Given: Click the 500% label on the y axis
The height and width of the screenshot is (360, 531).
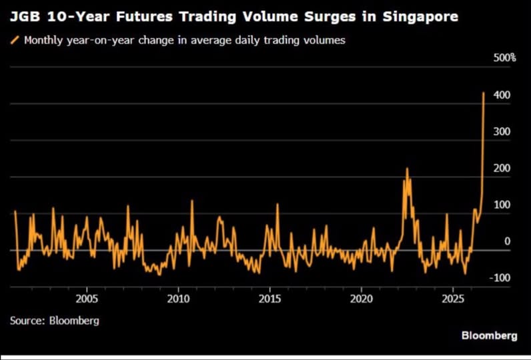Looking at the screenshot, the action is coord(504,58).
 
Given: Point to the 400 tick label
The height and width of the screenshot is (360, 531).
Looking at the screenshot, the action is coord(502,95).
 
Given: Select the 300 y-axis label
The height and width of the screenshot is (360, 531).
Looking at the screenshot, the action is coord(502,131).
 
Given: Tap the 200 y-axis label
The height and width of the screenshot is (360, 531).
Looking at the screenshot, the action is coord(502,168).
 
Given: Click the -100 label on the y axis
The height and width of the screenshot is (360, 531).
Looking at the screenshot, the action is coord(500,278).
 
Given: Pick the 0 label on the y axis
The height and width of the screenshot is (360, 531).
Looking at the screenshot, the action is coord(507,241).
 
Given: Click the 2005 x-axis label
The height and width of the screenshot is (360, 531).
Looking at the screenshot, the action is coord(87,299).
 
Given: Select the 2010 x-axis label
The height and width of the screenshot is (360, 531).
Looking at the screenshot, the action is coord(179,299).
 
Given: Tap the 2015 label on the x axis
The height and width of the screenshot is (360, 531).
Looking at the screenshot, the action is coord(270,299).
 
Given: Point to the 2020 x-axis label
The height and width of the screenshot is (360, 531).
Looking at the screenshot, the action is coord(362,299).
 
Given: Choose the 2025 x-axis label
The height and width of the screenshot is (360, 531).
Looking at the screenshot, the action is coord(453,299).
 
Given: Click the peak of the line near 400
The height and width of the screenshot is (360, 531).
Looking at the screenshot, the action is coord(484,93).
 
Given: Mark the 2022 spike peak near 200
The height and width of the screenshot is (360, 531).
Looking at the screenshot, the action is coord(407,168).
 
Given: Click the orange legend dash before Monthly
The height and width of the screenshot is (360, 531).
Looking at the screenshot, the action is coord(15,40).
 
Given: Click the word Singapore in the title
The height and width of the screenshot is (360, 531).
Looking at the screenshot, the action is coord(420,17).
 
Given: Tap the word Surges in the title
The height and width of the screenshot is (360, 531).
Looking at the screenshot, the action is coord(330,17).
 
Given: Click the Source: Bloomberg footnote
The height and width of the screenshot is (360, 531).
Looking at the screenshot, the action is coord(55,321).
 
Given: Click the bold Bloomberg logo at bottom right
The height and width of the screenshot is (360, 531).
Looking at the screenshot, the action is coord(490,335).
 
